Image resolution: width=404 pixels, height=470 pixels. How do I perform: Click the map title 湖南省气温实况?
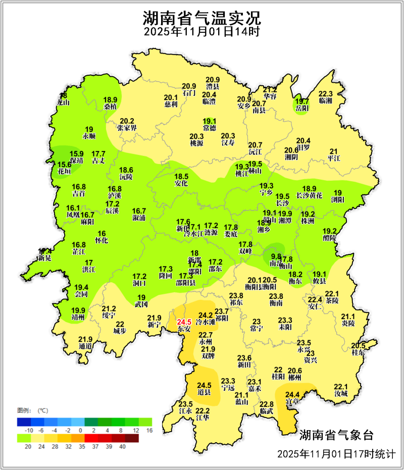(x=201, y=19)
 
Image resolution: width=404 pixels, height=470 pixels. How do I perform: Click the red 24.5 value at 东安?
(x=184, y=322)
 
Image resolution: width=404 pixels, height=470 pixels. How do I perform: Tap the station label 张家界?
(x=127, y=128)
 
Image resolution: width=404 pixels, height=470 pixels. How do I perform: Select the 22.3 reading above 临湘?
(x=326, y=94)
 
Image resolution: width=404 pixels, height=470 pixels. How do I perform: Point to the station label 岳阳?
(x=301, y=108)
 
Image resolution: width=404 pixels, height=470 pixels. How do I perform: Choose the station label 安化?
(x=181, y=184)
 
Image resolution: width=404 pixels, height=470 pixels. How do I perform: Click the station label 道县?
(x=204, y=392)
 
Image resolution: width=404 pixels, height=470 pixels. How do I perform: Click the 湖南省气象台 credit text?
(x=336, y=435)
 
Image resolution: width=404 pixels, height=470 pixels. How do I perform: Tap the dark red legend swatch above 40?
(x=131, y=438)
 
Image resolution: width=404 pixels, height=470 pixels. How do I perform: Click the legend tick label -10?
(x=29, y=430)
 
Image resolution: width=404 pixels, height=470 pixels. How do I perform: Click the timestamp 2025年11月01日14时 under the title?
(x=201, y=32)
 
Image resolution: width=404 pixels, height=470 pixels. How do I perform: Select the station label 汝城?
(x=341, y=393)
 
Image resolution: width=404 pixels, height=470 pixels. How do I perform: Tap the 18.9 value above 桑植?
(x=110, y=100)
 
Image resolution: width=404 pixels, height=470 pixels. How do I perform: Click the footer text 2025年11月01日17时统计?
(x=336, y=454)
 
